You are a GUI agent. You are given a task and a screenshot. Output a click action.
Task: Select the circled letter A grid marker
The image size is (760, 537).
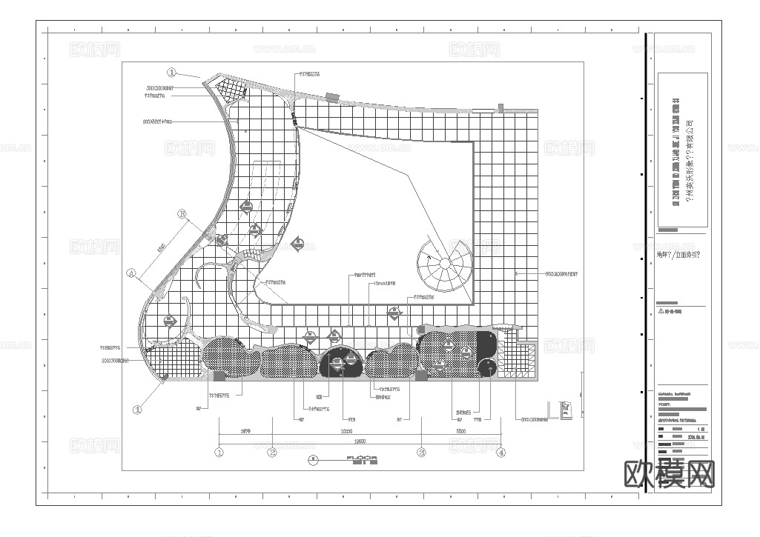coord(131,273)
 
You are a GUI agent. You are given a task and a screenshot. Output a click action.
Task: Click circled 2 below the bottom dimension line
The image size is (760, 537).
coord(272,452)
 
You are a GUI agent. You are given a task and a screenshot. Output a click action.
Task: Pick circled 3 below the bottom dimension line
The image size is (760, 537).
coord(421,452)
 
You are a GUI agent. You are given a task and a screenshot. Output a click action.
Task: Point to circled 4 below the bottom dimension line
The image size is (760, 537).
coord(501,452)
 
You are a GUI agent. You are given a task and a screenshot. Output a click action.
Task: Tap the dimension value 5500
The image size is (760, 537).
coord(460,431)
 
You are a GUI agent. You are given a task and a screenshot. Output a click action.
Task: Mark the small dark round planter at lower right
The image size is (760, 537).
coord(488,368)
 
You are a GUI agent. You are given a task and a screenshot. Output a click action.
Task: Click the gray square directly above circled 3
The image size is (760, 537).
coord(421,376)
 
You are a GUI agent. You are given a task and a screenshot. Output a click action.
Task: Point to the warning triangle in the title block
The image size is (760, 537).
coord(661,311)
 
